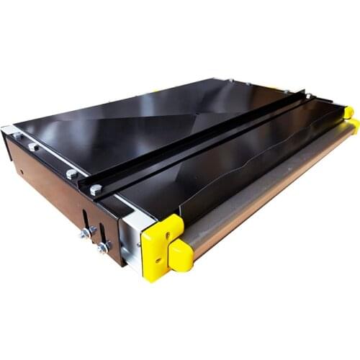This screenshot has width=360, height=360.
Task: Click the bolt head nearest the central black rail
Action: pos(96,190)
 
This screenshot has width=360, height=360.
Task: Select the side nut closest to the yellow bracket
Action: pos(104,247)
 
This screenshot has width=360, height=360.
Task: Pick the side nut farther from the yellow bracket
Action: pos(84,233)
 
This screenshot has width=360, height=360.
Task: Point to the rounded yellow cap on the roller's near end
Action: pos(181,253)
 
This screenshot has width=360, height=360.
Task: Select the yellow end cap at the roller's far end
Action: pos(348,112)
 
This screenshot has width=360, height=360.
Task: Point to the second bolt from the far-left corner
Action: pos(33,147)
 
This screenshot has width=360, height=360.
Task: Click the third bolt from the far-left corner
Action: pos(71,174)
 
